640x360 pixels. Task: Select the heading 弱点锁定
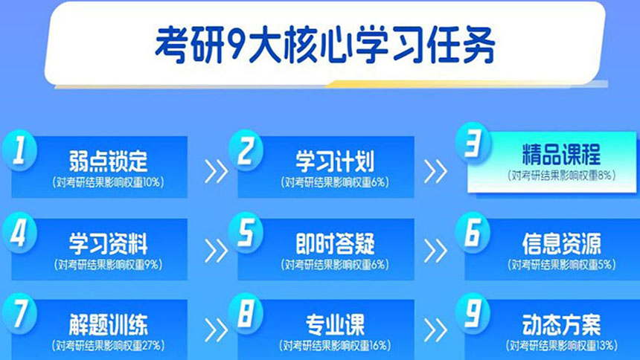pyautogui.click(x=108, y=161)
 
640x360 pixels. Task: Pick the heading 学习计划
pyautogui.click(x=335, y=161)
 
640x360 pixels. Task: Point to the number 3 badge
pyautogui.click(x=472, y=147)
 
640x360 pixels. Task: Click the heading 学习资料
pyautogui.click(x=108, y=243)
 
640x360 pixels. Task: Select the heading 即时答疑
pyautogui.click(x=335, y=243)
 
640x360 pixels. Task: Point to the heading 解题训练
pyautogui.click(x=108, y=325)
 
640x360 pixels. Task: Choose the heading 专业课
pyautogui.click(x=335, y=325)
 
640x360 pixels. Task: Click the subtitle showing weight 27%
pyautogui.click(x=108, y=345)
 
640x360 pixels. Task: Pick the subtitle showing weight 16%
pyautogui.click(x=335, y=345)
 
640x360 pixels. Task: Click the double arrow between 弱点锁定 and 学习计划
pyautogui.click(x=216, y=172)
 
